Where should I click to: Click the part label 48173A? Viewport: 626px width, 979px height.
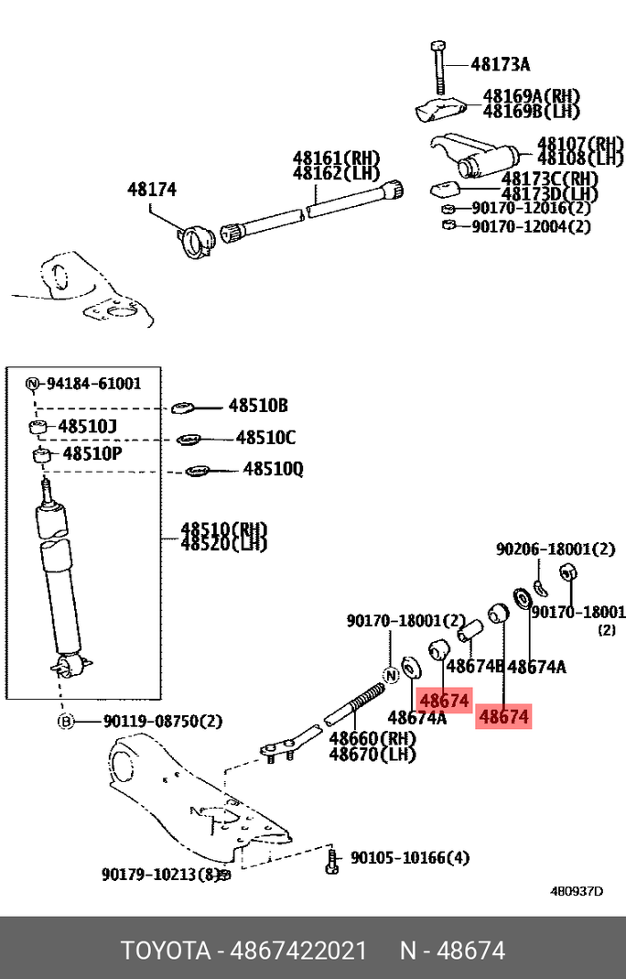pyautogui.click(x=501, y=64)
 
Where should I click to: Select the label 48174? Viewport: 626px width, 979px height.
pyautogui.click(x=152, y=190)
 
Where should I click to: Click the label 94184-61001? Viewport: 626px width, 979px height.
pyautogui.click(x=94, y=384)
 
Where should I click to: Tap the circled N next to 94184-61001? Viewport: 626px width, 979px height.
pyautogui.click(x=32, y=384)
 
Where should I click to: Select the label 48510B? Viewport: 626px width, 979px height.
pyautogui.click(x=258, y=406)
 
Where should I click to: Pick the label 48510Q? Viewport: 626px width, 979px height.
pyautogui.click(x=273, y=470)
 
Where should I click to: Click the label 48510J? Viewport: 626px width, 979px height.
pyautogui.click(x=88, y=427)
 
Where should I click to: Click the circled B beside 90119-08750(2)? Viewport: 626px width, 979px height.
pyautogui.click(x=66, y=722)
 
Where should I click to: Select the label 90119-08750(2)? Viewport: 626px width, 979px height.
pyautogui.click(x=150, y=722)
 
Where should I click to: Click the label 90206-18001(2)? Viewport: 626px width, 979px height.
pyautogui.click(x=556, y=549)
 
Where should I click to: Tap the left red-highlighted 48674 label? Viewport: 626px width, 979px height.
pyautogui.click(x=444, y=701)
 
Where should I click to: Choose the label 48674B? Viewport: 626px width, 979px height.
pyautogui.click(x=475, y=667)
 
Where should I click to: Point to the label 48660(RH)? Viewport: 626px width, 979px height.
pyautogui.click(x=372, y=738)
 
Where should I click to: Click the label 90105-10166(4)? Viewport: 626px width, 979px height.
pyautogui.click(x=410, y=858)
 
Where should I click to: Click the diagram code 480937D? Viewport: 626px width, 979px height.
pyautogui.click(x=577, y=891)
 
